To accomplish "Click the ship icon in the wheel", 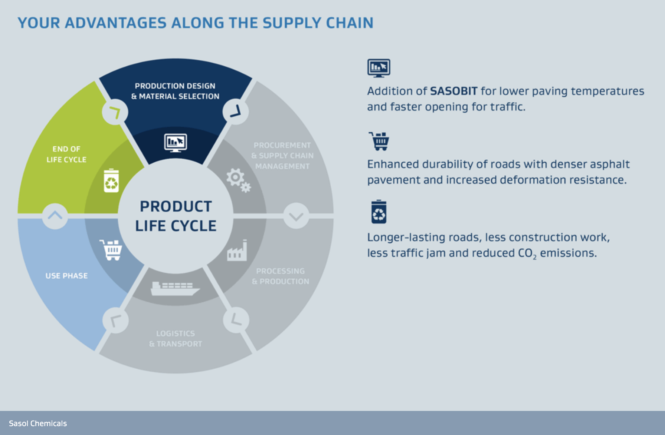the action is coord(175,288).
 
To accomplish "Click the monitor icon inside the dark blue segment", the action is coord(176,143).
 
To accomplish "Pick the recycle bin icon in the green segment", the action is coord(111,181).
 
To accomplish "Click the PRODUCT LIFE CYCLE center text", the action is coord(176,216).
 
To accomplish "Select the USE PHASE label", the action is coord(67,276).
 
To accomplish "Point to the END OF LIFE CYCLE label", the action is coord(66,154).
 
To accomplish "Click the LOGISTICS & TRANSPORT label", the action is coord(176,339).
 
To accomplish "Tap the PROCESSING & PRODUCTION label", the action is coord(281,276).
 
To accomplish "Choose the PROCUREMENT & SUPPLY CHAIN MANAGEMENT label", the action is coord(282,156).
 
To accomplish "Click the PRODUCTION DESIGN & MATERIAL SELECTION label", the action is coord(175,91).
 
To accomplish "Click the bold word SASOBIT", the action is coord(453,91).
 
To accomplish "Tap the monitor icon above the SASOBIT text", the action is coord(379,68).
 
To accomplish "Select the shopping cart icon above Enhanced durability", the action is coord(379,141).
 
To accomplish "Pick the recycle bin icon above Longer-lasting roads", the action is coord(379,212).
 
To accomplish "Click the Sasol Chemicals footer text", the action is coord(38,424).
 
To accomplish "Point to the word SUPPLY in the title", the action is coord(292,23).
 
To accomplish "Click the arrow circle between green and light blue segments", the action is coord(55,216).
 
